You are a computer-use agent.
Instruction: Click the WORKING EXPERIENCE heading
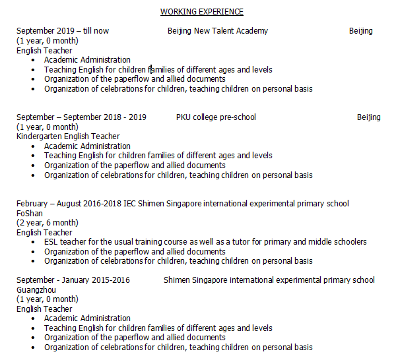[202, 11]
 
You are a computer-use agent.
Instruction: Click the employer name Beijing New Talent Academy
[218, 31]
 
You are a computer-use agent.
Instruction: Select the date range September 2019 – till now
[63, 31]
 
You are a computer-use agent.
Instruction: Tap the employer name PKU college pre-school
[216, 117]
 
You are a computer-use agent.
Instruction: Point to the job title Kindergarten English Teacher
[68, 136]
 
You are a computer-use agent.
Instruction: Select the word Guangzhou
[36, 289]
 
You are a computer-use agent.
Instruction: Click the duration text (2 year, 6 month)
[48, 223]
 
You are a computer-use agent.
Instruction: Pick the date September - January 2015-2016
[73, 280]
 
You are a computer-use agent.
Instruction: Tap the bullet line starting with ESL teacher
[205, 242]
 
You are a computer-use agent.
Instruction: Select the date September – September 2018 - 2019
[82, 117]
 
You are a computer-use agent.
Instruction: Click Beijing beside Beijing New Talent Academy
[360, 31]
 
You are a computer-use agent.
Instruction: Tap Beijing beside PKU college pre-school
[368, 117]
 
